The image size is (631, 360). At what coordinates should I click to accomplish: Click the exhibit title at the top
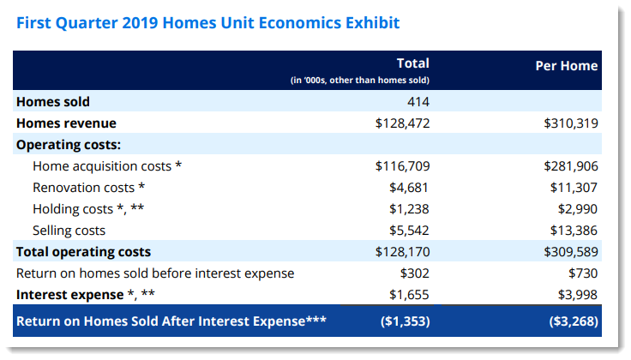207,23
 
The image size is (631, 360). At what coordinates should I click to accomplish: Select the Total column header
413,63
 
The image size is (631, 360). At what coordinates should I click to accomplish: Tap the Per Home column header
566,65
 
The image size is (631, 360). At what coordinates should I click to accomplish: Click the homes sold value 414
418,101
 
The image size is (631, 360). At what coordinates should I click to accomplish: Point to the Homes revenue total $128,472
402,123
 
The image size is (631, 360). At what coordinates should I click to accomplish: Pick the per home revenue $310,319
571,123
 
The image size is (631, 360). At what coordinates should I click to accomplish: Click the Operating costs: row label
69,144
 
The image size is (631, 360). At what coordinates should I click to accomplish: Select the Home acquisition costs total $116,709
402,166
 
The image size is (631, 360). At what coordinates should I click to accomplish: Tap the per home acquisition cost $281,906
571,166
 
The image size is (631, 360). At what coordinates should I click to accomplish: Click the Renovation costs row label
88,188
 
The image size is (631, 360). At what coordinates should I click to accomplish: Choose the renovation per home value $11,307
574,188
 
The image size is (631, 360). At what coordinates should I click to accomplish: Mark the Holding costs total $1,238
409,209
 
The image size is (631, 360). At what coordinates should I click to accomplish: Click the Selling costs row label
69,231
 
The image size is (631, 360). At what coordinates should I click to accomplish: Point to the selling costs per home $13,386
574,231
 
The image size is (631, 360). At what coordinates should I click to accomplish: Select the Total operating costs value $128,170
402,252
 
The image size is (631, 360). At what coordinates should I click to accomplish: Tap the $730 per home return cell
583,273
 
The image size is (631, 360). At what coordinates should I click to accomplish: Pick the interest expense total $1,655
409,295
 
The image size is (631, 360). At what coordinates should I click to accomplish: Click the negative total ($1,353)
406,321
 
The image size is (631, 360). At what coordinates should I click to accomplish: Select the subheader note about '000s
360,80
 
